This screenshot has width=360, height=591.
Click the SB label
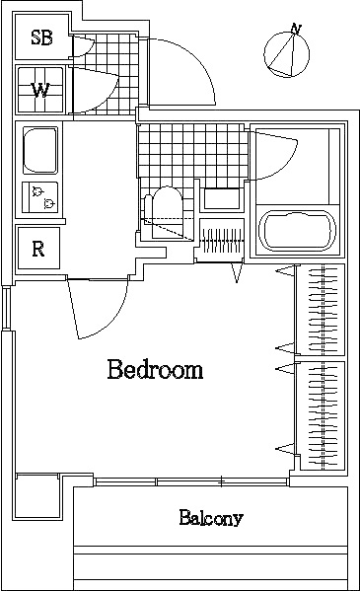click(41, 38)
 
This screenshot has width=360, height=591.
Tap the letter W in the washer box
click(39, 91)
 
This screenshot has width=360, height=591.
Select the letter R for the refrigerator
click(38, 248)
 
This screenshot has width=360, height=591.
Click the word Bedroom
click(155, 371)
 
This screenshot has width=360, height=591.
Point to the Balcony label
click(211, 518)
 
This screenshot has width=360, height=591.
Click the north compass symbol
click(286, 52)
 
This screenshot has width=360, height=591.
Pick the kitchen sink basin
click(39, 151)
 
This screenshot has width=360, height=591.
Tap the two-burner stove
click(40, 196)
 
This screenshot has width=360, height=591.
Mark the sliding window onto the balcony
click(192, 481)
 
